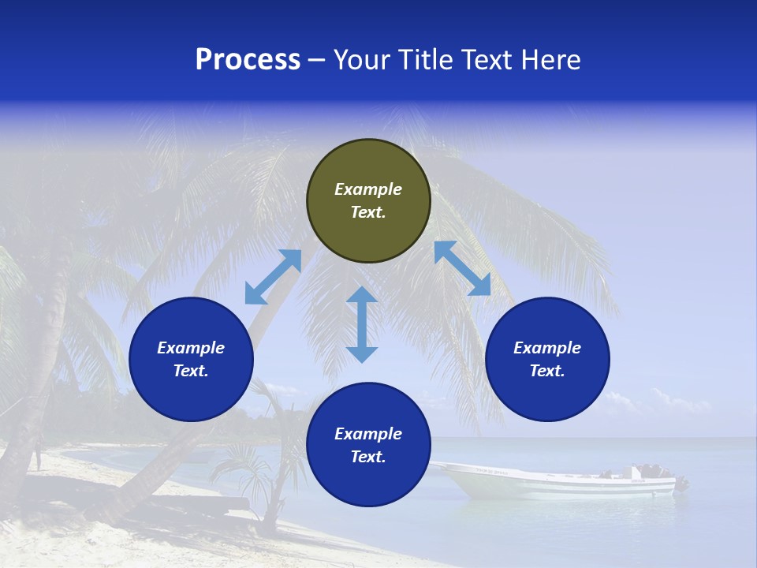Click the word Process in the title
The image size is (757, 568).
point(248,60)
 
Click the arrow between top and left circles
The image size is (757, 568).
point(274,277)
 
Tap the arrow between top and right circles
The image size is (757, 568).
point(462,268)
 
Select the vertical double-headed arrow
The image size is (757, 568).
point(362,324)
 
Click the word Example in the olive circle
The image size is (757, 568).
point(368,189)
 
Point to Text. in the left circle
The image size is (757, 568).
point(191,371)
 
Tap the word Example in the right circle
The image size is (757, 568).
point(547,348)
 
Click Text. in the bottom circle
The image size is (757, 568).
point(368,457)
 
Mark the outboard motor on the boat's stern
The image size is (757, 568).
point(679,484)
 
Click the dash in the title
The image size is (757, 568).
point(317,60)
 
